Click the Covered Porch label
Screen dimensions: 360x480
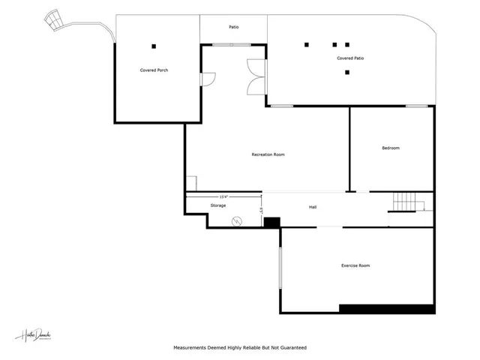[154, 70]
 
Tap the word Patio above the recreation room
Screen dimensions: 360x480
[234, 27]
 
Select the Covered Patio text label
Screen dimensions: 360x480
[350, 58]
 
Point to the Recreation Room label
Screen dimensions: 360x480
[268, 154]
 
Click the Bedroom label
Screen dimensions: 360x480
[391, 148]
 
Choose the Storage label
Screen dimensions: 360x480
[218, 205]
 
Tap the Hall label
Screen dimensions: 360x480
[313, 207]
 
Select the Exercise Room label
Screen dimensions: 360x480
[355, 265]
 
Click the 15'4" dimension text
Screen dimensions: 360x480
[223, 196]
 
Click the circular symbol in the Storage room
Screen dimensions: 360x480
[236, 220]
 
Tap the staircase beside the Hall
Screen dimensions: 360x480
[406, 202]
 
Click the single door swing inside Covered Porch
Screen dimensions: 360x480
[208, 78]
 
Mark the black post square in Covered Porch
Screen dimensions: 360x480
[154, 44]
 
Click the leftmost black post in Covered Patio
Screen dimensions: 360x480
[307, 44]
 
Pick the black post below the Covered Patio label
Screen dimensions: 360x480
[347, 73]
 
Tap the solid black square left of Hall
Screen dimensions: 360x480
[271, 222]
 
